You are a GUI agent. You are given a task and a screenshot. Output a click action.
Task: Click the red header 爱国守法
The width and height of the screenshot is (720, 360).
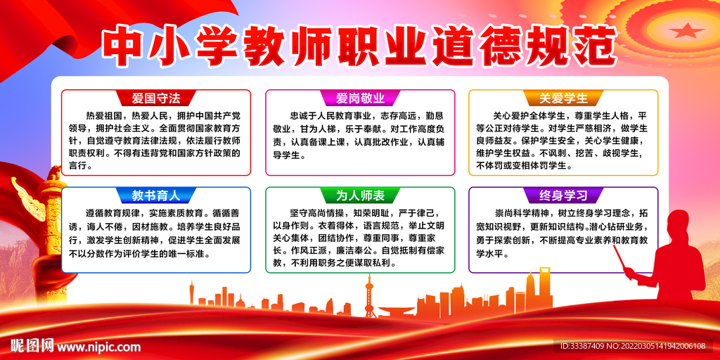[x=156, y=98]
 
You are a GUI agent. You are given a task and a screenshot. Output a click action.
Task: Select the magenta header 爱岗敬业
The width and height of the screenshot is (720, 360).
[x=359, y=98]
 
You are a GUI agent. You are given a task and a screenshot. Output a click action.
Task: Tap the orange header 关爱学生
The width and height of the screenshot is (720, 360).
[x=564, y=98]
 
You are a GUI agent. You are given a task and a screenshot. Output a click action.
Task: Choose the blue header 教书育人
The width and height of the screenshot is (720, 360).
[x=156, y=195]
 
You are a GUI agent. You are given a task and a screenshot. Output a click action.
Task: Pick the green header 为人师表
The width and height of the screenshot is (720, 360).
[x=359, y=195]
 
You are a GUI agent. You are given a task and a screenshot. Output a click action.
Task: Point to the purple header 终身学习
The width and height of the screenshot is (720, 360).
[x=564, y=195]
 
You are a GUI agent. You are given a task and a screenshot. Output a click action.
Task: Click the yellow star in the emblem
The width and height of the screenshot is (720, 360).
[x=683, y=30]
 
